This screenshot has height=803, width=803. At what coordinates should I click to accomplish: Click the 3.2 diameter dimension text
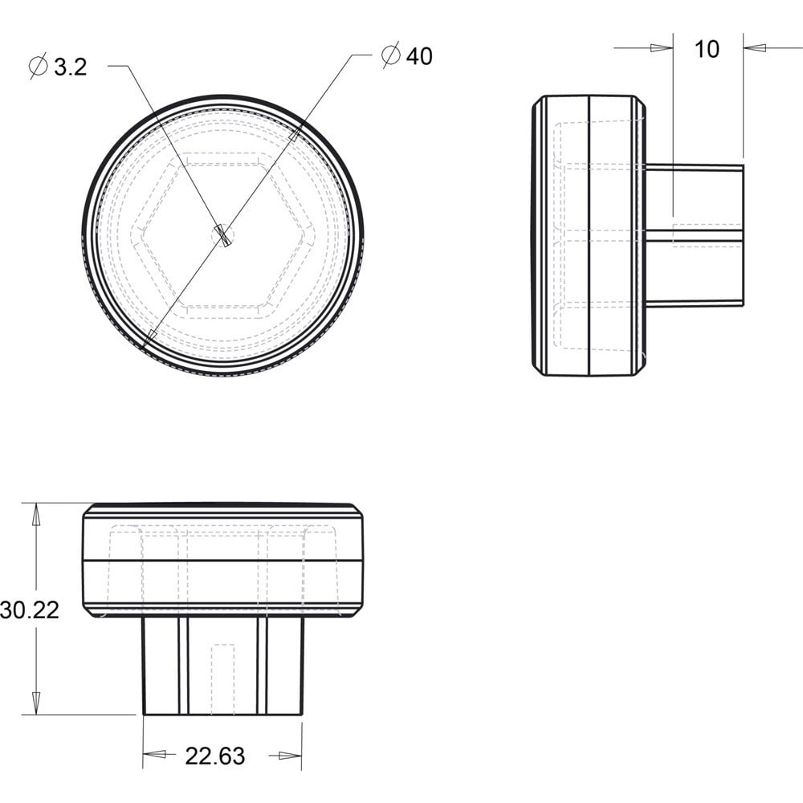point(71,67)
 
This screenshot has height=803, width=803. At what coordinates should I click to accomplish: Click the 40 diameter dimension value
point(419,56)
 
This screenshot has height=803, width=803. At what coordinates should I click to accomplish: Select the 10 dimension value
point(707,49)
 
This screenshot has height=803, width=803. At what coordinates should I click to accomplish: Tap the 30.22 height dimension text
point(30,610)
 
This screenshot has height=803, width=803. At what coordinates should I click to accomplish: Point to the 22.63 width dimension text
point(215,756)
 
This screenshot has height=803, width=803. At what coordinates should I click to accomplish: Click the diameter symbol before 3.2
point(39,66)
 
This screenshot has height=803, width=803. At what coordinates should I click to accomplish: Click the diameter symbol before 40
point(391,55)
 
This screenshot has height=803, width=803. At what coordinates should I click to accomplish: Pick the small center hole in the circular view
point(222,235)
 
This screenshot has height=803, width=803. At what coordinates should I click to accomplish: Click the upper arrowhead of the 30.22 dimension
point(36,515)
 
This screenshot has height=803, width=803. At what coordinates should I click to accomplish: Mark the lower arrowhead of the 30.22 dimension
point(36,703)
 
